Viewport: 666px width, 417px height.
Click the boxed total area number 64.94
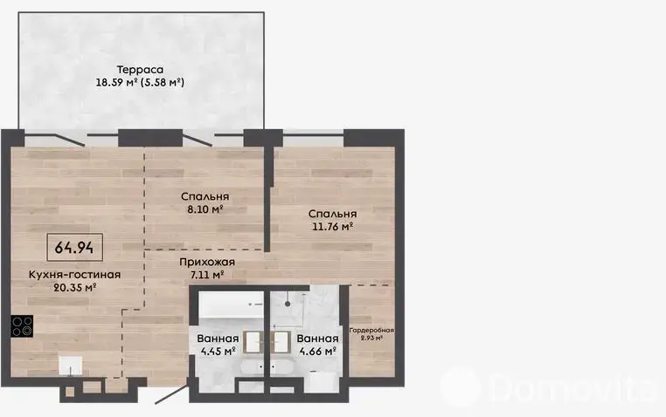point(74,248)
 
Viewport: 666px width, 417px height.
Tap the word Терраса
point(140,70)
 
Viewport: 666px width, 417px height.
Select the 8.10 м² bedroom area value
point(205,209)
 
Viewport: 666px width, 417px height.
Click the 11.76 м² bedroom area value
point(333,227)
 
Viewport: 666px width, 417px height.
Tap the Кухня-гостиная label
point(75,275)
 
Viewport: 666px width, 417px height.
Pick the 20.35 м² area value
point(75,288)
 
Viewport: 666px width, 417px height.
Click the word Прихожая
point(207,263)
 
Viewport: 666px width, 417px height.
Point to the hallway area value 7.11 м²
point(207,275)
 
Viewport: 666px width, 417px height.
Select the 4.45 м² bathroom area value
point(218,352)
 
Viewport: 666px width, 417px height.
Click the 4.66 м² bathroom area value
point(318,352)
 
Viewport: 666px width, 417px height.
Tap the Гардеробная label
point(371,331)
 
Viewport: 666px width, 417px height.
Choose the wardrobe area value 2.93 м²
point(371,338)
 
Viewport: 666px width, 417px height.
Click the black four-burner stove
point(22,326)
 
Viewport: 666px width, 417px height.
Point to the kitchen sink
point(71,366)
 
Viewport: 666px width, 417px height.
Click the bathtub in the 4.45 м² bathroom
point(232,304)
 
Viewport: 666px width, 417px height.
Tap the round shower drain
point(288,304)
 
